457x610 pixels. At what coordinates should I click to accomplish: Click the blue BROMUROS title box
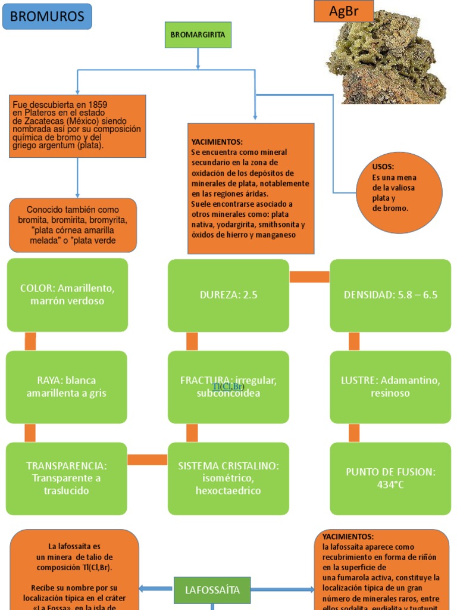pyautogui.click(x=47, y=16)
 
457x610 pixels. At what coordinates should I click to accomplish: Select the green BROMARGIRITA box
pyautogui.click(x=198, y=35)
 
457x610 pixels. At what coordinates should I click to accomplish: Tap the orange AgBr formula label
pyautogui.click(x=343, y=11)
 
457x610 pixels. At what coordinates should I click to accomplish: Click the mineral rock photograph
pyautogui.click(x=387, y=60)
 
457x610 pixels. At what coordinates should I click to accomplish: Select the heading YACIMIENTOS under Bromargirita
pyautogui.click(x=217, y=142)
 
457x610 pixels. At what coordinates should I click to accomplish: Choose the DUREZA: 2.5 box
pyautogui.click(x=228, y=295)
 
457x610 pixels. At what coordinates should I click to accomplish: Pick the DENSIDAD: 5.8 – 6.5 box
pyautogui.click(x=390, y=295)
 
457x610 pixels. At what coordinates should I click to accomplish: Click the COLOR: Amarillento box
pyautogui.click(x=67, y=295)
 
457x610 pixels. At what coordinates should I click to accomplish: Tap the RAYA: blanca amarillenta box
pyautogui.click(x=67, y=387)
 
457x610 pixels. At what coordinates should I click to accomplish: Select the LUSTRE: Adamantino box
pyautogui.click(x=390, y=387)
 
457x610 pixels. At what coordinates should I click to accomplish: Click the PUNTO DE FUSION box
pyautogui.click(x=390, y=478)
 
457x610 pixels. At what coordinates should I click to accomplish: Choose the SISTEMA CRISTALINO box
pyautogui.click(x=228, y=478)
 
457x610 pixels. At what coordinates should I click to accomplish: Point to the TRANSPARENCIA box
pyautogui.click(x=67, y=478)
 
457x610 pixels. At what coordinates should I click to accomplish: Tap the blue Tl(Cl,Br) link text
pyautogui.click(x=228, y=387)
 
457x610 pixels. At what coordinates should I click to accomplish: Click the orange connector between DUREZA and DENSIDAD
pyautogui.click(x=309, y=277)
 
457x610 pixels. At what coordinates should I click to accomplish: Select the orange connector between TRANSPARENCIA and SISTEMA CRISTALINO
pyautogui.click(x=148, y=460)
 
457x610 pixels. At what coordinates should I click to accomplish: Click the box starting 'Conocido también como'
pyautogui.click(x=73, y=225)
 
